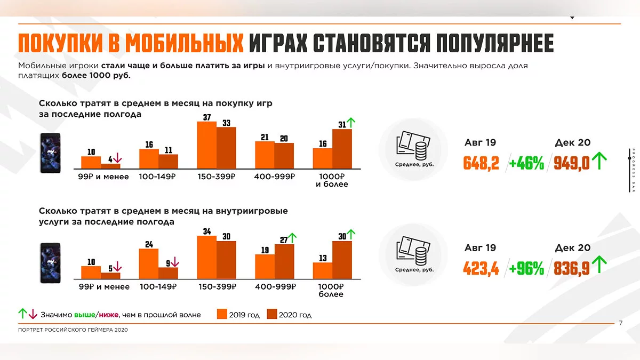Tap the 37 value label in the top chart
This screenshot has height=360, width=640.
pos(207,117)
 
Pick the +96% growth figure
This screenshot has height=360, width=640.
pos(526,268)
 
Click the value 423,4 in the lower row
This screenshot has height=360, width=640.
pos(481,268)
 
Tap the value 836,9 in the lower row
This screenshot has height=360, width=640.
pos(572,268)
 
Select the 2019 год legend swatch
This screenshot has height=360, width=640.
pos(222,314)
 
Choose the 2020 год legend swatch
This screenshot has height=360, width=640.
pos(272,314)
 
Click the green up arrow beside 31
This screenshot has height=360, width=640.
pos(350,123)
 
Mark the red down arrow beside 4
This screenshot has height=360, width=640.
pos(118,158)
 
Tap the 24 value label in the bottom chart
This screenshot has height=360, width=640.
pos(149,244)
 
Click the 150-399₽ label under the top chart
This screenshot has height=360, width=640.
pos(216,177)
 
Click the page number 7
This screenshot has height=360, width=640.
pos(620,323)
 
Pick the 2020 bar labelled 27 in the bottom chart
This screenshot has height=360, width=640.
pos(284,261)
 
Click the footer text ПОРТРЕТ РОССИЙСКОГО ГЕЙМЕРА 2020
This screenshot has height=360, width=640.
pos(73,330)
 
